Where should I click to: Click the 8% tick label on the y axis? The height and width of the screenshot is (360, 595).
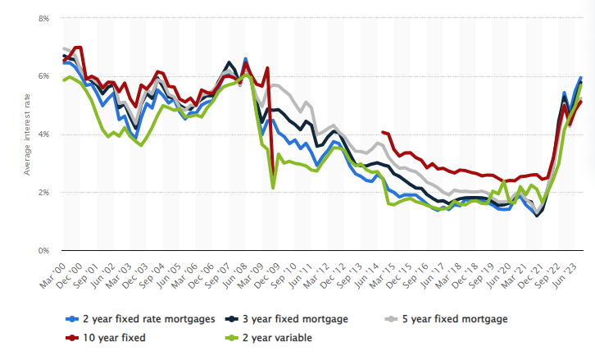43,18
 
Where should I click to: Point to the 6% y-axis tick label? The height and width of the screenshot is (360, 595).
43,76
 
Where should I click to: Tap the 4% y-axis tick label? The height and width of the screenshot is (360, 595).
43,134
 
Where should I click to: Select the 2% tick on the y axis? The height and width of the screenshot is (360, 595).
43,192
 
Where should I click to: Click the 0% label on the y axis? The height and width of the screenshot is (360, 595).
43,250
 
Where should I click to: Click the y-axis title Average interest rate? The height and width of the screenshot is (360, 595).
26,134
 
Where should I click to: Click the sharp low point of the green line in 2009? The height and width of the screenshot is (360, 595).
273,188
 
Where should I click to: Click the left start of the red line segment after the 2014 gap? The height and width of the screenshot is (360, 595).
383,131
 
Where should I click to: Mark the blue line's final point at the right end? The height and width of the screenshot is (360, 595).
581,78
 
